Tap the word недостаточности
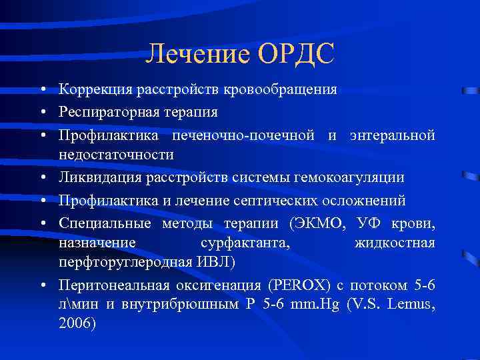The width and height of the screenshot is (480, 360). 116,155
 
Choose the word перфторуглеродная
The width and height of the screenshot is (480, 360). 122,262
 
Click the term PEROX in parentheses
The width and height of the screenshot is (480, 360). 298,285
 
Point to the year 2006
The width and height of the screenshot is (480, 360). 77,323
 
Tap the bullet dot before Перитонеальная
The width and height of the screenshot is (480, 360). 42,286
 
